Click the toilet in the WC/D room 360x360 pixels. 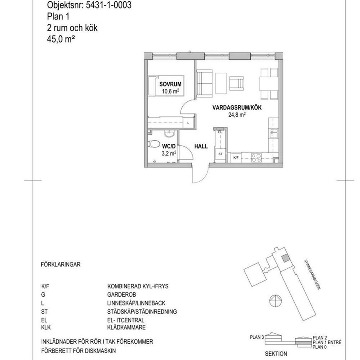pos(153,144)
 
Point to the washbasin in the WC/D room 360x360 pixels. pos(169,134)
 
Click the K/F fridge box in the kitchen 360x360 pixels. pos(235,157)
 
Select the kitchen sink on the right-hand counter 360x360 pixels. pos(273,133)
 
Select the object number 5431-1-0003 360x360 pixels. pos(108,6)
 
